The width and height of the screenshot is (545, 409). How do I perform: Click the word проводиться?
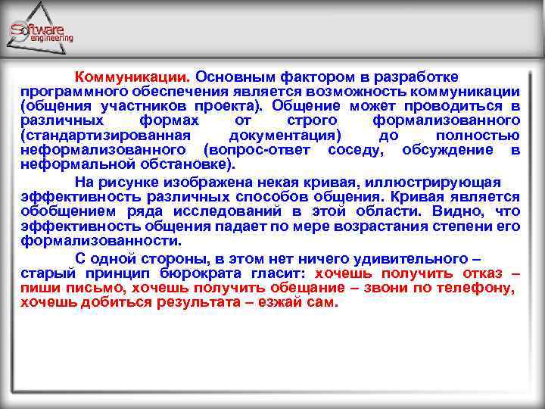coord(461,106)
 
